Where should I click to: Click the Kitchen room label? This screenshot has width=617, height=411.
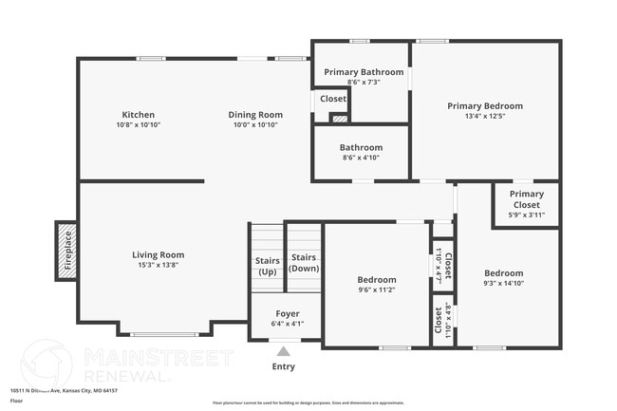click(x=138, y=115)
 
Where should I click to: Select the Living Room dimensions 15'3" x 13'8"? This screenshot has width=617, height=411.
click(x=158, y=266)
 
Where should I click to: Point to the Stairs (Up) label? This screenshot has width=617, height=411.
click(x=267, y=265)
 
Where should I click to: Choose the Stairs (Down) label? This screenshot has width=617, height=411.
click(x=304, y=262)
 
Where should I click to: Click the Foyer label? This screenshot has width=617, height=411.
click(x=287, y=313)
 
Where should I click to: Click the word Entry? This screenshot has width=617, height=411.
click(x=283, y=366)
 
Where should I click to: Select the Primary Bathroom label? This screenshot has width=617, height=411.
click(x=364, y=72)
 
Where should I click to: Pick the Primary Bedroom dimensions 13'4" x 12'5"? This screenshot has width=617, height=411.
click(x=485, y=118)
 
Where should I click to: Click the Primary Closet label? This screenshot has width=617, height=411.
click(x=525, y=199)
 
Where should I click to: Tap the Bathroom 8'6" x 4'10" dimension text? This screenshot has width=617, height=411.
click(x=361, y=159)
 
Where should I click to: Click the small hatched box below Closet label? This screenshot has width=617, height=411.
click(x=337, y=118)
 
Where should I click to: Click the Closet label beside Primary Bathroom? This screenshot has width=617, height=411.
click(x=332, y=99)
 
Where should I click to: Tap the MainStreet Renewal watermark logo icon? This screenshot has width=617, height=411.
click(x=47, y=364)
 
